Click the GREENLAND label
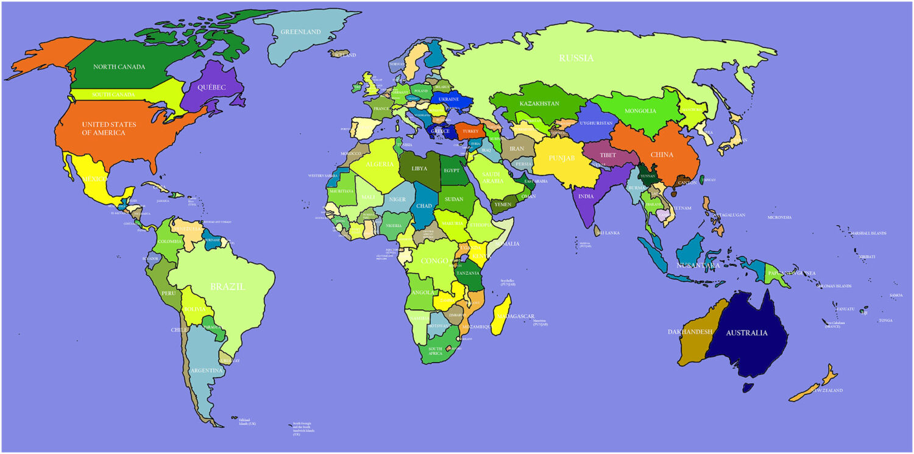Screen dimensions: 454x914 (300, 32)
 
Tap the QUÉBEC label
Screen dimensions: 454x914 (211, 88)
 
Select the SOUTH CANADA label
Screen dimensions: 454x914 (113, 95)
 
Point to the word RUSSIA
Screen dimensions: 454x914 (576, 59)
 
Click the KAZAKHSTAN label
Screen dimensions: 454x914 (539, 104)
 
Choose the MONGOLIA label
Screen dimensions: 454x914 (640, 111)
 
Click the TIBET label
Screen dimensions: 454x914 (608, 155)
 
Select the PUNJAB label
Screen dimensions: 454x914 (561, 158)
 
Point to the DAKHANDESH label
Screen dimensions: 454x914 (690, 332)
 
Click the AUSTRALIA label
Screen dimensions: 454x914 (745, 333)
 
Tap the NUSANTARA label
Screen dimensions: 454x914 (698, 266)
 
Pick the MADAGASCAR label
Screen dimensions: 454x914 (515, 317)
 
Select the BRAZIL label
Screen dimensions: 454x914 (227, 286)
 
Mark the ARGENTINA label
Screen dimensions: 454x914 (206, 371)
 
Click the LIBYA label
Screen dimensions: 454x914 (419, 169)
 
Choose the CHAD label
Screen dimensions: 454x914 (424, 206)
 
